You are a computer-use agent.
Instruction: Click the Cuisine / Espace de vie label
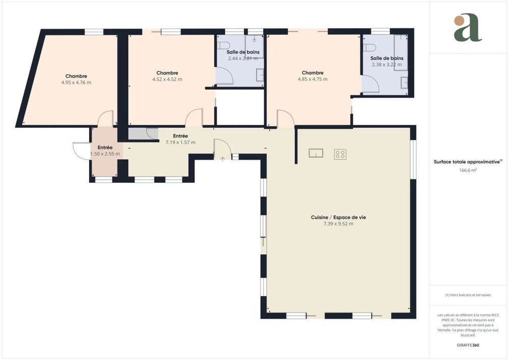338,217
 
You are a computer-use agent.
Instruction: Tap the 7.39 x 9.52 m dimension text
338,224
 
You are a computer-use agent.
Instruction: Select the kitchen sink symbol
316,153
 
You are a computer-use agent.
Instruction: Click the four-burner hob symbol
340,154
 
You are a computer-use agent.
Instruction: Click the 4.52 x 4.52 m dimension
167,79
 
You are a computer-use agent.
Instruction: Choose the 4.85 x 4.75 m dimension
312,79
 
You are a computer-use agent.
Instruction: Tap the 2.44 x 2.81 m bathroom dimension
243,59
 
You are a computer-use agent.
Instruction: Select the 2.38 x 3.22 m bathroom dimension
387,65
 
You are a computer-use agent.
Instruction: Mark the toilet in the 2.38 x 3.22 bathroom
370,47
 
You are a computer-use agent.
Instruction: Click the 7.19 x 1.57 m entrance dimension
180,143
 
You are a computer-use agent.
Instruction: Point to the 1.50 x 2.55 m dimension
105,154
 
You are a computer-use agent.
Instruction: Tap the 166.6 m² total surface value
468,171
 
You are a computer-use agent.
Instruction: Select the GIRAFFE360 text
468,345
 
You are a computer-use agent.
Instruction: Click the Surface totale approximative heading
467,162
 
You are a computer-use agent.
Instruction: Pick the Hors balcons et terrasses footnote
468,295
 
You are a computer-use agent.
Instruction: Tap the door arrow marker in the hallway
222,158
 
